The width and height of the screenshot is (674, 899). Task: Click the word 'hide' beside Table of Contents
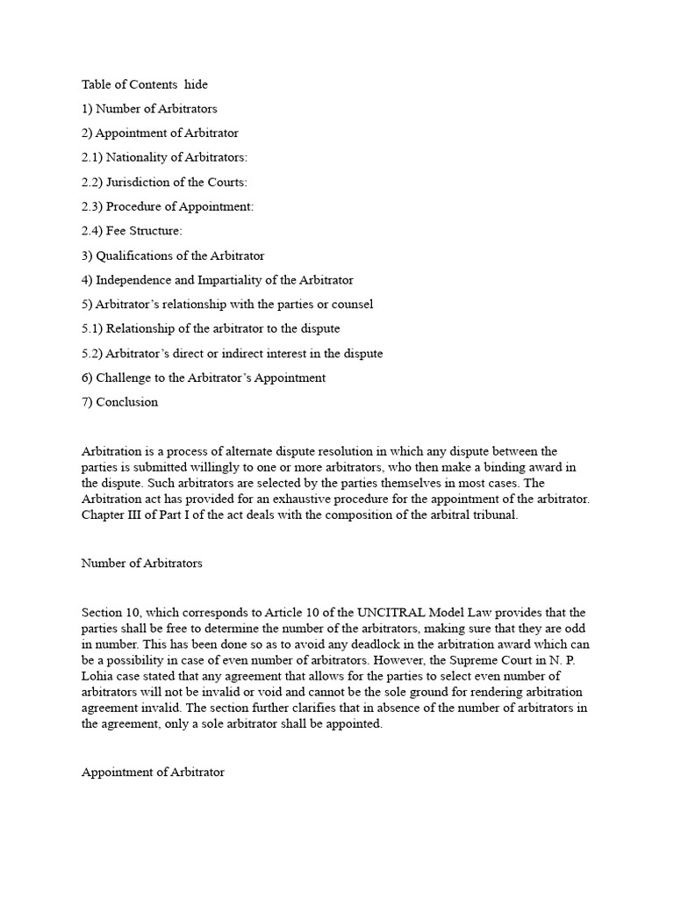(197, 85)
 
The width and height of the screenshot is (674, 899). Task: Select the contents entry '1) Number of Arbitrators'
(149, 109)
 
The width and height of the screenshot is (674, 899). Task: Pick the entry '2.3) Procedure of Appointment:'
(168, 206)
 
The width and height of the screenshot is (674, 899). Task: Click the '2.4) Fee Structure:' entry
(133, 231)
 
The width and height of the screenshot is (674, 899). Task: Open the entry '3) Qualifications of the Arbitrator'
(173, 255)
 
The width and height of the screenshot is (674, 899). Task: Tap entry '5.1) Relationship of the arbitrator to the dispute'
(211, 328)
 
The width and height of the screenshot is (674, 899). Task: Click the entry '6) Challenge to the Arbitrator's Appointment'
(204, 378)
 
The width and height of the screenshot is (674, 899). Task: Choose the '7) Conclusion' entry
(120, 402)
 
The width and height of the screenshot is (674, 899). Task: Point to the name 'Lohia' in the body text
(98, 675)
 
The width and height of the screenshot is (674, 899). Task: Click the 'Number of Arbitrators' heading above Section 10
(142, 564)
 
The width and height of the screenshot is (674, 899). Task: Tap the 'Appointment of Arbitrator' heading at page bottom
(154, 773)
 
